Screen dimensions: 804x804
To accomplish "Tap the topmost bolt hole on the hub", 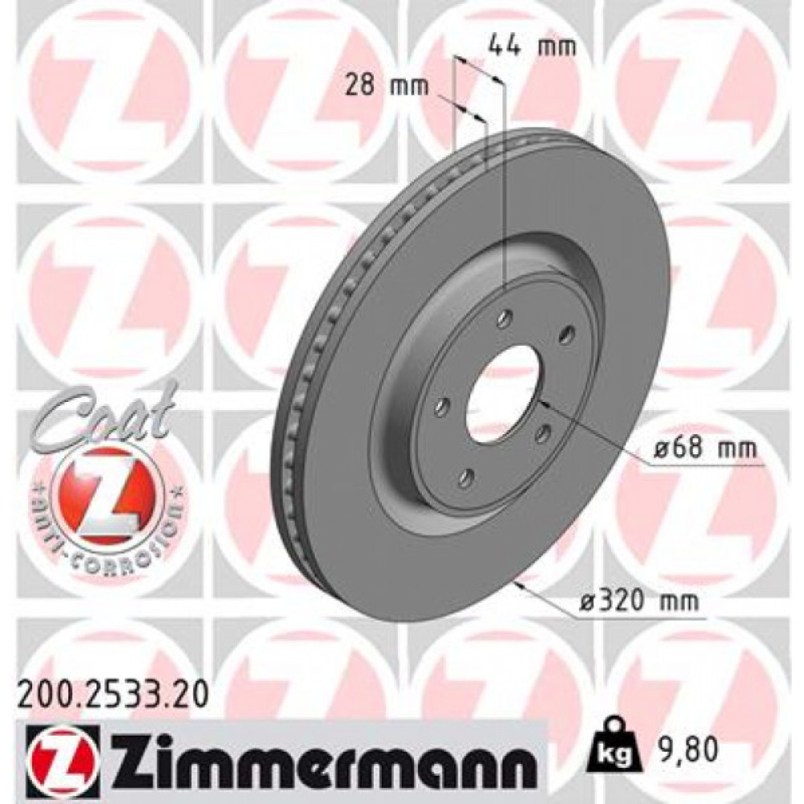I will tap(504, 319).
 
